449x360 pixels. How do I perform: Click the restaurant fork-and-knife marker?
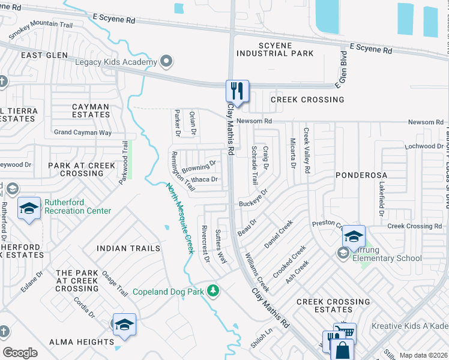click(237, 92)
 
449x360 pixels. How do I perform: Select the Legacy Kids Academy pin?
click(167, 62)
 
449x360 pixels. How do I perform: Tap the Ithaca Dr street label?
click(205, 179)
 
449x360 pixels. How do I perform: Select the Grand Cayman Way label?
click(83, 133)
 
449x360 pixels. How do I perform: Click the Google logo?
click(20, 353)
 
